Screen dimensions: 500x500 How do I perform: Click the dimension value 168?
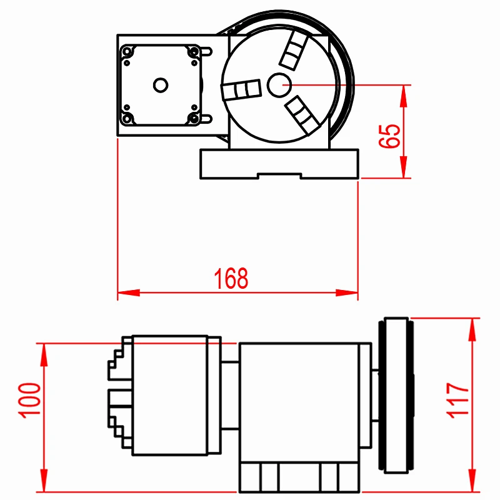point(231,278)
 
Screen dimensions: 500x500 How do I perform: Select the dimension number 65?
point(389,134)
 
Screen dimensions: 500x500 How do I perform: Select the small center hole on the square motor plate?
point(160,84)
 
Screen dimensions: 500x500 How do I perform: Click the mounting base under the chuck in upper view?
point(279,163)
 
